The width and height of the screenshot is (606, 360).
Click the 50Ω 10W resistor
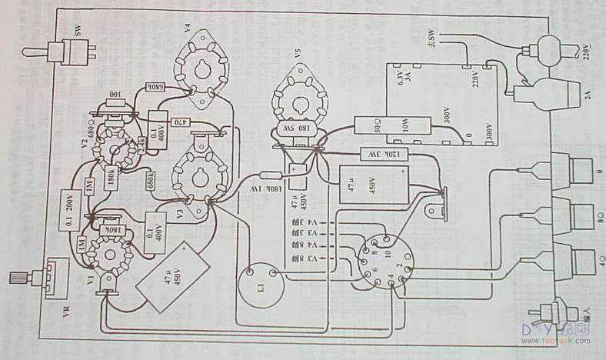pyautogui.click(x=385, y=125)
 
